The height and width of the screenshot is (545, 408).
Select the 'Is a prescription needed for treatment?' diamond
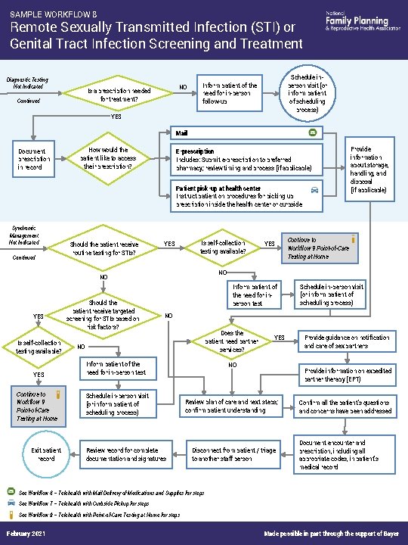(119, 95)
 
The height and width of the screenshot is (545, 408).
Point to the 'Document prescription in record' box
(36, 159)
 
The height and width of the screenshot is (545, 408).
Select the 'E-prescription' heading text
(194, 152)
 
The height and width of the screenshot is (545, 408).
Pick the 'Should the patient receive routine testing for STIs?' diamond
(104, 249)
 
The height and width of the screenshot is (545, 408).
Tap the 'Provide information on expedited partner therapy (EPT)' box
(347, 375)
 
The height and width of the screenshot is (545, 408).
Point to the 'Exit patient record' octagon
(46, 454)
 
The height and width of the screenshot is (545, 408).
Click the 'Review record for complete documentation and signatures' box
(127, 454)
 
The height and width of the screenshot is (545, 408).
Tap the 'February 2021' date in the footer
(24, 535)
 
